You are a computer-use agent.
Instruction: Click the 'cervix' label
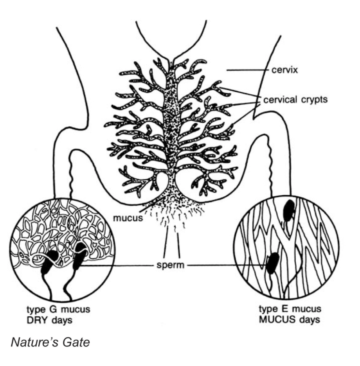click(x=284, y=70)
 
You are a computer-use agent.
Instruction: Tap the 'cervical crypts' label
click(x=295, y=100)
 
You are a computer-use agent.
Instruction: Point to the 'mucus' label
click(x=128, y=218)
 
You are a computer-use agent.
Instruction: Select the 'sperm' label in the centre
click(x=170, y=266)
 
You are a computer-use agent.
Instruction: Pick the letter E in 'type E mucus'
click(x=285, y=309)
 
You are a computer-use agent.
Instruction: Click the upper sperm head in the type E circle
click(x=289, y=210)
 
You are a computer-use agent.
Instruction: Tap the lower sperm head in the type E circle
click(x=273, y=263)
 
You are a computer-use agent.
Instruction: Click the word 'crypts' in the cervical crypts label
click(x=314, y=100)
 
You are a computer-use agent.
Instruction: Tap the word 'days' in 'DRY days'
click(x=62, y=320)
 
